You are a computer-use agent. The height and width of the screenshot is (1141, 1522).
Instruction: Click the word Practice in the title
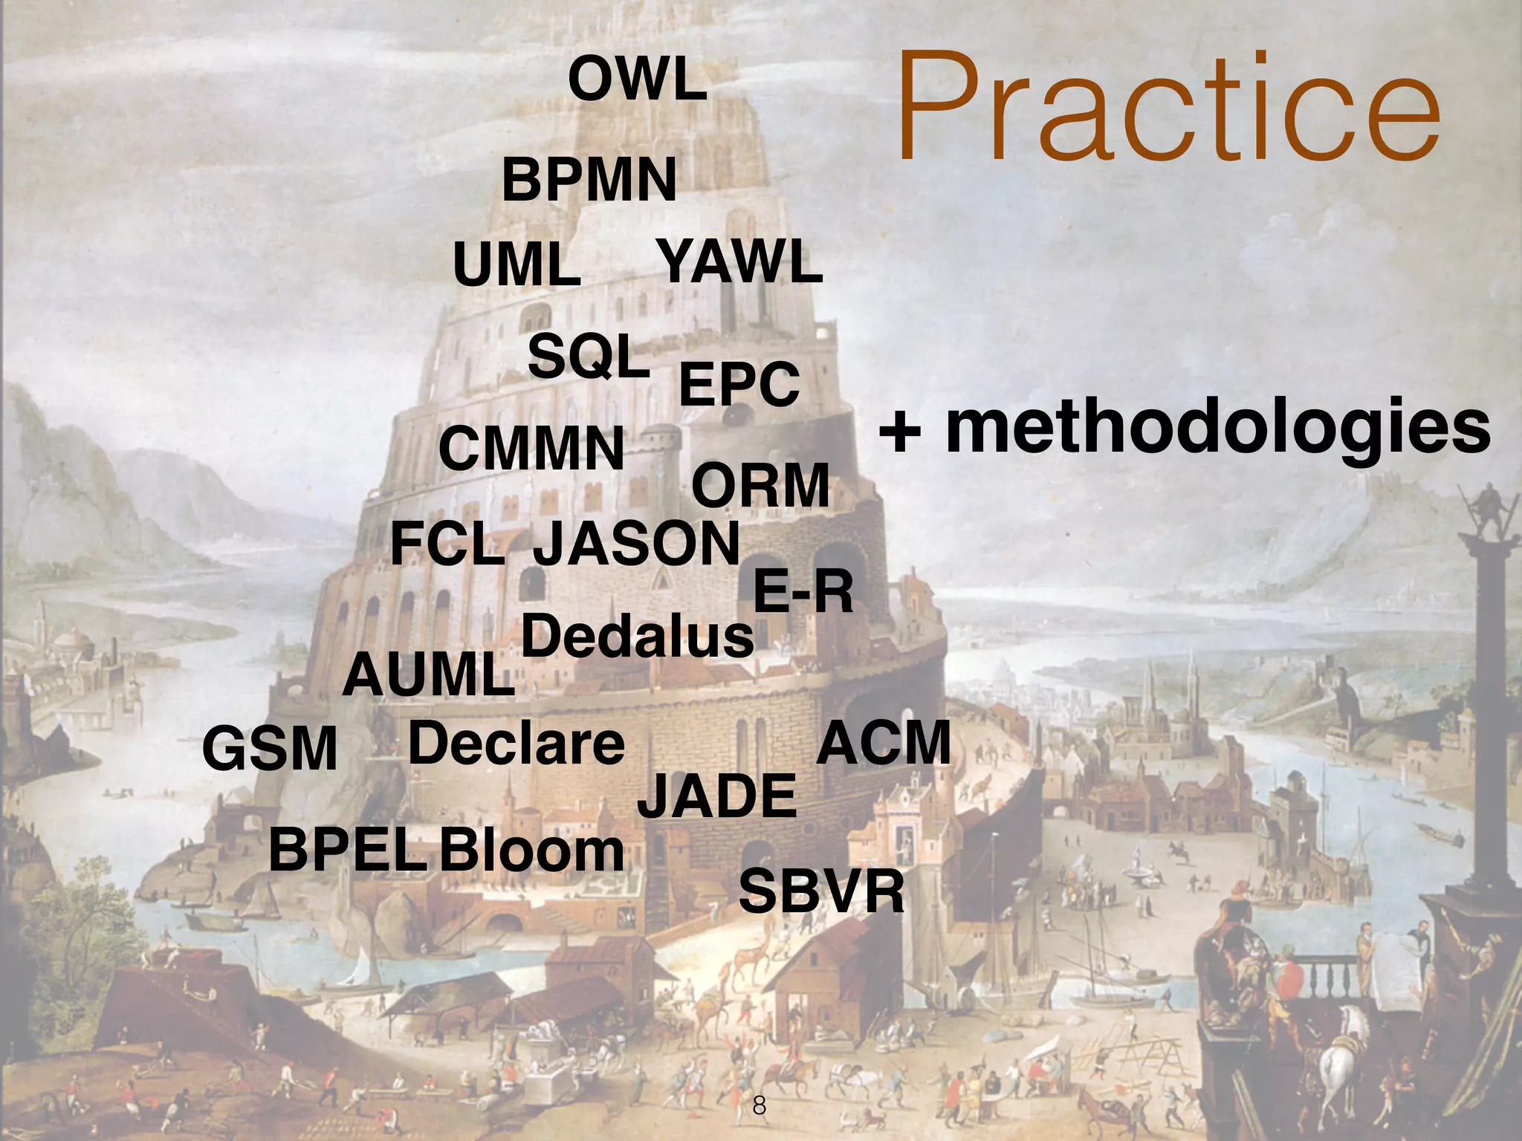1168,106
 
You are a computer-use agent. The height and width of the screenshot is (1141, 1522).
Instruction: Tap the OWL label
637,81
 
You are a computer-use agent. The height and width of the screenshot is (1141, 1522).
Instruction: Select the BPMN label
589,181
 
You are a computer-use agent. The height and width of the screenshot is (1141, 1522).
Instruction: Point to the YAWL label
740,262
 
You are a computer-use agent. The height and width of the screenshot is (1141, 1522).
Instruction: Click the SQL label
588,357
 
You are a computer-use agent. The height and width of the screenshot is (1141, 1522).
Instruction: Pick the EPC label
739,385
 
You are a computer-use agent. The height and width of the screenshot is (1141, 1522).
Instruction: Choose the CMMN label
531,449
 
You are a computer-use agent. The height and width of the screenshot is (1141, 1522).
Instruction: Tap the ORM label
760,486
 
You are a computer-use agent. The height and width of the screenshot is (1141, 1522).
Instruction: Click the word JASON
636,544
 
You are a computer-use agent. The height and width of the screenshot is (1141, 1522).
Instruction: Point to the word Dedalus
638,637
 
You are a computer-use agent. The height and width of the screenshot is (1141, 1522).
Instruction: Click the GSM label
270,750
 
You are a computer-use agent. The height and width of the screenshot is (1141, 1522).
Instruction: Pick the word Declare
516,744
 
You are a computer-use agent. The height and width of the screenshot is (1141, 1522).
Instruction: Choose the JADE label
717,796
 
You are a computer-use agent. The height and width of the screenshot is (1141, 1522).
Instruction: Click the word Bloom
531,851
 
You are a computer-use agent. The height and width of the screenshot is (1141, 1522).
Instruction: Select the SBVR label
821,892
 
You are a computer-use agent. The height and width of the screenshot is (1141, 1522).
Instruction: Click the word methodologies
1217,428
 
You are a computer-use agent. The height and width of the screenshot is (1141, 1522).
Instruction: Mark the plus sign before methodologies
900,432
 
